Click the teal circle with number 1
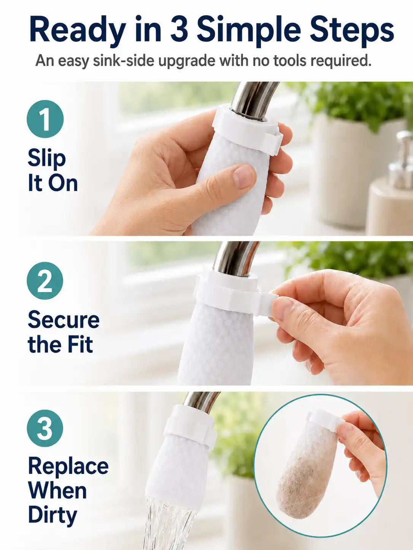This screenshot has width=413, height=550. point(45,119)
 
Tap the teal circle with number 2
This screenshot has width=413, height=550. point(45,281)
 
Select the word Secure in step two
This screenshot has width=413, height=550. point(64,320)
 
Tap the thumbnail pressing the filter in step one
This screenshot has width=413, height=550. point(243,177)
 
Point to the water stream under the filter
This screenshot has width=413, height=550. point(170,526)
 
